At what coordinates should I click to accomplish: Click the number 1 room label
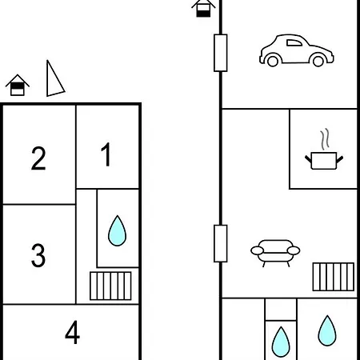pos(106,154)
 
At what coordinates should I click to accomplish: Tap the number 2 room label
pos(38,158)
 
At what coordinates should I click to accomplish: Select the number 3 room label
pos(38,255)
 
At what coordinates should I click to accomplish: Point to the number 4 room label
pos(72,332)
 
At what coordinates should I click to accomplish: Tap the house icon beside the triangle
pos(18,85)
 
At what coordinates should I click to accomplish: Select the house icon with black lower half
pos(203,8)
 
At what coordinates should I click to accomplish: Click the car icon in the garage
pos(296,50)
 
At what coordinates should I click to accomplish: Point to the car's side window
pos(294,43)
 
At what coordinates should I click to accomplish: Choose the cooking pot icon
pos(324,160)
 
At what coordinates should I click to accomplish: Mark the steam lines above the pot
pos(325,139)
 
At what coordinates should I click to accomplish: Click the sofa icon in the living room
pos(275,254)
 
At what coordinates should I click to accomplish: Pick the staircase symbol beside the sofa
pos(334,277)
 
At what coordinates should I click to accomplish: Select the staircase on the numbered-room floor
pos(110,286)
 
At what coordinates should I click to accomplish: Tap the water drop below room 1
pos(117,230)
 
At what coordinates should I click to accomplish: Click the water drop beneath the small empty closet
pos(281,342)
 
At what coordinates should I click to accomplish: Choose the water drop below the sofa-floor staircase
pos(327,330)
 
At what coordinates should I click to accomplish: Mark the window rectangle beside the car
pos(221,53)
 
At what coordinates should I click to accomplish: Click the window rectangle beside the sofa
pos(221,243)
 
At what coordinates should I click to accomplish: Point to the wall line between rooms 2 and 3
pos(39,205)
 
